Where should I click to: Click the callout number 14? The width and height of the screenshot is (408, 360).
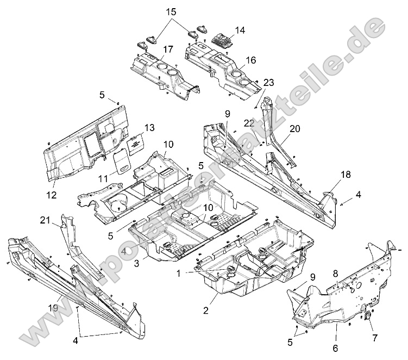coord(240,30)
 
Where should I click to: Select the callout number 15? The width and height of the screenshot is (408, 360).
coord(171,11)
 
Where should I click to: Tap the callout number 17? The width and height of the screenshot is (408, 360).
coord(167,49)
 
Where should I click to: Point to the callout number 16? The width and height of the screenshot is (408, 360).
coord(250,60)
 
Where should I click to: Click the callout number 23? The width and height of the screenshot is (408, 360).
coord(268,82)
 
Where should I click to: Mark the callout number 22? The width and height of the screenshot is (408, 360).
coord(249,124)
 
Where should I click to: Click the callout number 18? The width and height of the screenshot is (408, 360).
coord(346,174)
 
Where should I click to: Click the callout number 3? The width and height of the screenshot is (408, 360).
coord(136,262)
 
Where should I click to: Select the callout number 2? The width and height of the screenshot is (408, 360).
coord(206,311)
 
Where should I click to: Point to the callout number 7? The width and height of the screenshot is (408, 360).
coord(375,337)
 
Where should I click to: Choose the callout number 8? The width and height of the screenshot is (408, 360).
coord(335,274)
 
